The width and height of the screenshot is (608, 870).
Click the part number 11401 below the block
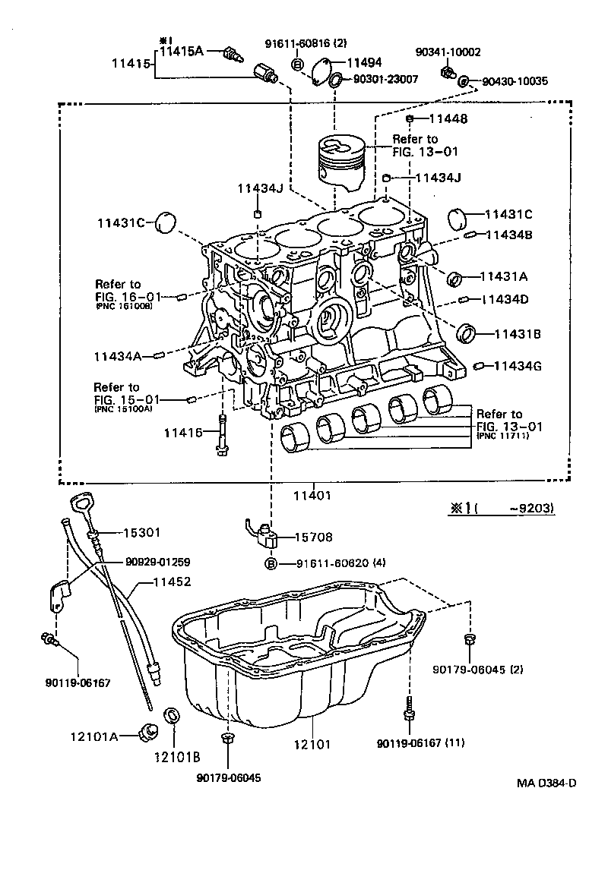(x=312, y=496)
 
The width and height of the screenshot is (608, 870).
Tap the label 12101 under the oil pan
(x=312, y=744)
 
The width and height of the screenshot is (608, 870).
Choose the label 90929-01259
(x=157, y=563)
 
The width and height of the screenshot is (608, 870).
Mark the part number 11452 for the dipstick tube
(x=172, y=582)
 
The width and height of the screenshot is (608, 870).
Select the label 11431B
(x=518, y=333)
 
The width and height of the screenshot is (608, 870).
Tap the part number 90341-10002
(x=448, y=52)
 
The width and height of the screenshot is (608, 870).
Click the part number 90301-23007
(x=385, y=79)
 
